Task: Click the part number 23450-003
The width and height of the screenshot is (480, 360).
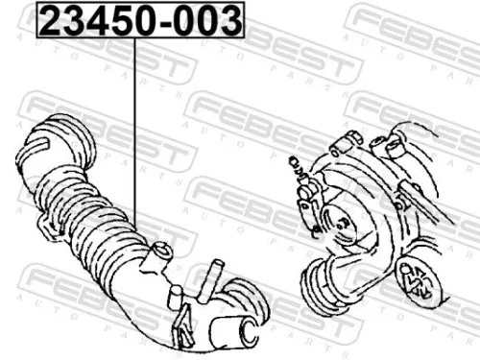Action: pyautogui.click(x=140, y=20)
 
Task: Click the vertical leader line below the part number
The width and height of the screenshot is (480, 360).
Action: pyautogui.click(x=134, y=134)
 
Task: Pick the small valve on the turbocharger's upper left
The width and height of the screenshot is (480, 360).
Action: pyautogui.click(x=306, y=192)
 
